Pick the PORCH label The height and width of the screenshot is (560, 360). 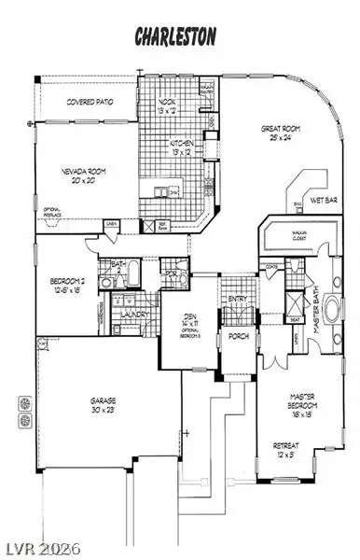point(238,336)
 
